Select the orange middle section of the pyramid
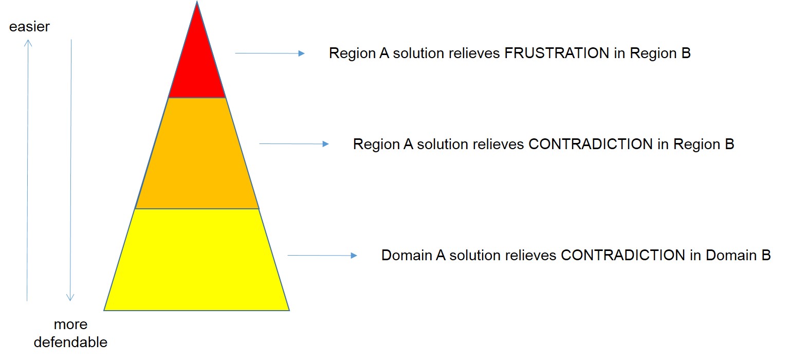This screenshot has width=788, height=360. click(x=197, y=154)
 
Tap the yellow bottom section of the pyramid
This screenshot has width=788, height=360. click(x=197, y=260)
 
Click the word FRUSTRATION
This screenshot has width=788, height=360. click(x=557, y=53)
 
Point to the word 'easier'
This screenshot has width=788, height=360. click(x=29, y=27)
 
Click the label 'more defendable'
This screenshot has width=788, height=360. click(x=71, y=333)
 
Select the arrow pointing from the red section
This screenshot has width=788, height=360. click(x=270, y=53)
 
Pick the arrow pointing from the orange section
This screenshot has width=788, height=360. click(x=294, y=144)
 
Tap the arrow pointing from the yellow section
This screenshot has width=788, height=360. click(x=322, y=255)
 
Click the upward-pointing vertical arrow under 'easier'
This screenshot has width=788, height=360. click(x=28, y=170)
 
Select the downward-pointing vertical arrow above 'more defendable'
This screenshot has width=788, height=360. click(x=71, y=170)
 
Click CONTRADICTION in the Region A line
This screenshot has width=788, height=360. click(x=591, y=145)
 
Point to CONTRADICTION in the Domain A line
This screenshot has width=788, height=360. click(x=623, y=256)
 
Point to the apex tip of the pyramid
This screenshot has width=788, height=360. click(x=197, y=3)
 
